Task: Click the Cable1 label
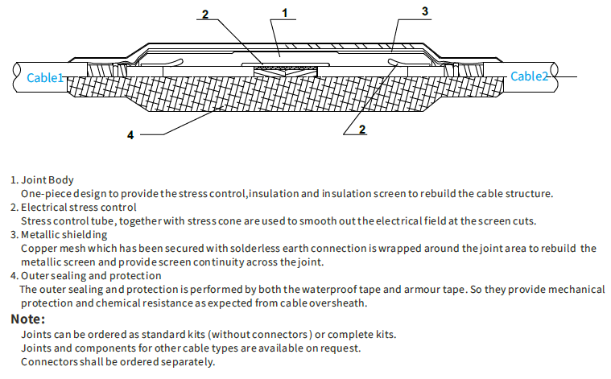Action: pyautogui.click(x=45, y=77)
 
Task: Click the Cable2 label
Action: pyautogui.click(x=530, y=76)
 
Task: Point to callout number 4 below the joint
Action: pyautogui.click(x=130, y=135)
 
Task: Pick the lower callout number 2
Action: pyautogui.click(x=361, y=129)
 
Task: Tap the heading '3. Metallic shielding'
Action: pyautogui.click(x=59, y=234)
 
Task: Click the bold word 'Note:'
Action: pyautogui.click(x=27, y=319)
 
